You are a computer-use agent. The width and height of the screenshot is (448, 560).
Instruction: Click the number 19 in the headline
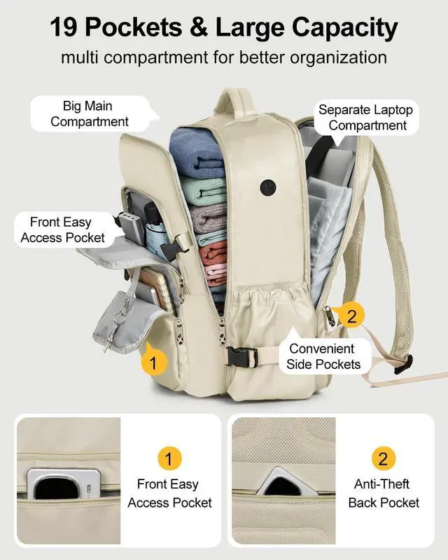(x=68, y=27)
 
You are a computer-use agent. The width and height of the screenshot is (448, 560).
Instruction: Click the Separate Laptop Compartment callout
(x=366, y=118)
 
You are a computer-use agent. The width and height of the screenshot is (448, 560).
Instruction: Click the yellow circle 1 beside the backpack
(x=154, y=362)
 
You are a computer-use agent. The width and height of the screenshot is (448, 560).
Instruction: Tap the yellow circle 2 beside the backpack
(x=351, y=316)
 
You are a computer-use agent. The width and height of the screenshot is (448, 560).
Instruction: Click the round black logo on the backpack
(x=268, y=187)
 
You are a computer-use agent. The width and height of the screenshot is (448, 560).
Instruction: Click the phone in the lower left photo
(x=64, y=484)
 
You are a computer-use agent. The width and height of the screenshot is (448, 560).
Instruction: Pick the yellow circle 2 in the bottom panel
(x=383, y=459)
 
